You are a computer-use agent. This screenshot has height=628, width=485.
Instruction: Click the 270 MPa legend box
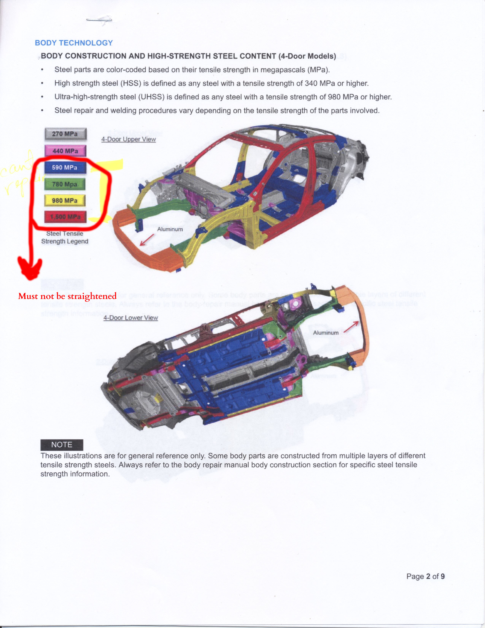65,134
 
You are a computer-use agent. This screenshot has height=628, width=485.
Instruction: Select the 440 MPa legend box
65,151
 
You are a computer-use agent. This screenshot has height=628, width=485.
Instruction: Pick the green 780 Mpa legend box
65,184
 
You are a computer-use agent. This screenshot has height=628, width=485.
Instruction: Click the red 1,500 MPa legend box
65,217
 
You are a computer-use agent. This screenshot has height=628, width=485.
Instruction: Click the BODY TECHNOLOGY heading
74,43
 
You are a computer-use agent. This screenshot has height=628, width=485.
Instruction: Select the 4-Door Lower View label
131,318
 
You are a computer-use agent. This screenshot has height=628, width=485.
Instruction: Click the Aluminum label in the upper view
170,229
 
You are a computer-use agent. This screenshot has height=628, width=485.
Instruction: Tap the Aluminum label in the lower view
326,333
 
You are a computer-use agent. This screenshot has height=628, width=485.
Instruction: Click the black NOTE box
62,445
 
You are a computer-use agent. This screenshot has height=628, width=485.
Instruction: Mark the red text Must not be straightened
67,296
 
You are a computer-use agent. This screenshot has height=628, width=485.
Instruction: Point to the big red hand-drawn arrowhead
30,269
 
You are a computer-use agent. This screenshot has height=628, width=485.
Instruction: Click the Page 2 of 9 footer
425,576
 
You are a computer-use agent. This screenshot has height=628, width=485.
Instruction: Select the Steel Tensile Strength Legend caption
65,237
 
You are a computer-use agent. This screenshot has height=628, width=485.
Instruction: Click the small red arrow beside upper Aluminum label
147,240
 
